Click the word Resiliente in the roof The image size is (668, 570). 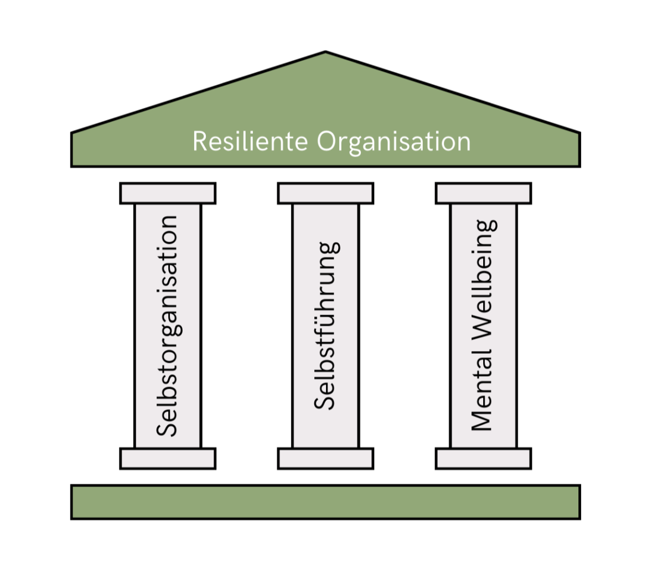point(250,142)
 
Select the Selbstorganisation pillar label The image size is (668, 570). point(167,326)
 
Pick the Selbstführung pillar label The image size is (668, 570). point(325,326)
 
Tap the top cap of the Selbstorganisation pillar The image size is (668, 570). point(168,194)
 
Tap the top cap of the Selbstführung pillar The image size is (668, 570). point(325,194)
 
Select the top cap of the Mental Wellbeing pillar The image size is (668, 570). point(483,194)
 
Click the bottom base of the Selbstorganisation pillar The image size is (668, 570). point(168,458)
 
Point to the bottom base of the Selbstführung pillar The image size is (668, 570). point(325,458)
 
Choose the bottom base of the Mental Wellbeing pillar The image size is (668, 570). point(483,458)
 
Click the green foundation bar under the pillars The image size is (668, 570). point(325,502)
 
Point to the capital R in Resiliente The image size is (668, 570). point(200,142)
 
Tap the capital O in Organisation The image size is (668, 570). point(328,142)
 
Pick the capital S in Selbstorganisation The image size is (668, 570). point(167,427)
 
